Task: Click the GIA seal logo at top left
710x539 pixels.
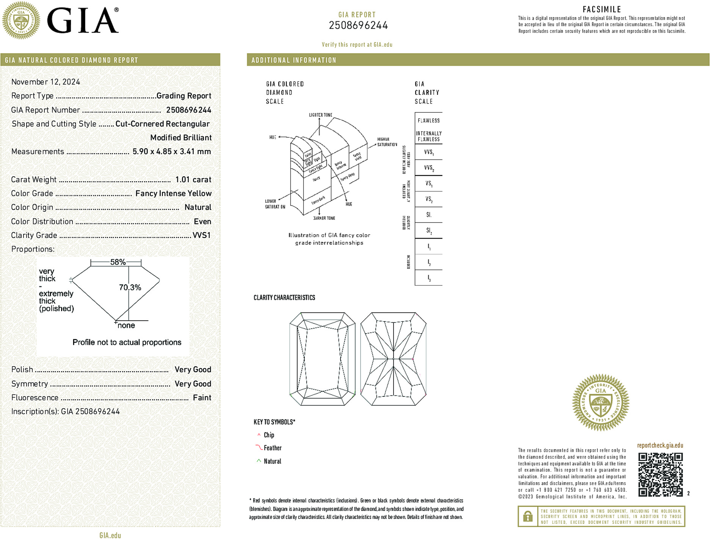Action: click(21, 20)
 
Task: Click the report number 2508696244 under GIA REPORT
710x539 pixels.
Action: click(358, 25)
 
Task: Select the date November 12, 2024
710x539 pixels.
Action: click(45, 82)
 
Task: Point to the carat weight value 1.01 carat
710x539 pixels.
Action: click(193, 180)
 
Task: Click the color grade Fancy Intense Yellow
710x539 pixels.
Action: click(173, 193)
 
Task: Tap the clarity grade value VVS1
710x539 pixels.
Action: click(201, 235)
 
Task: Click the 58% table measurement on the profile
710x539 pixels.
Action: click(118, 262)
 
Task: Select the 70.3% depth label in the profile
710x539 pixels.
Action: click(130, 287)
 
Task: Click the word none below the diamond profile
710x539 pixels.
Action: click(126, 326)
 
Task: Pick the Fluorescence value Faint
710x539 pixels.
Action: click(202, 398)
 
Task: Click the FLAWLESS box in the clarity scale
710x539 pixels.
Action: click(429, 121)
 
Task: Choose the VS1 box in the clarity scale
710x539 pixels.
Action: click(429, 183)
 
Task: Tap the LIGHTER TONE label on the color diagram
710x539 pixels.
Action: click(320, 115)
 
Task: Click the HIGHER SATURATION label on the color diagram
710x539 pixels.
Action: click(387, 142)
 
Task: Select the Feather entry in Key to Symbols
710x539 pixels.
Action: click(273, 448)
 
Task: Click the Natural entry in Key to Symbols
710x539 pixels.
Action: click(272, 461)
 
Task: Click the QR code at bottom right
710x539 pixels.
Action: click(660, 474)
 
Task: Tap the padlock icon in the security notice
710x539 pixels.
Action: click(528, 516)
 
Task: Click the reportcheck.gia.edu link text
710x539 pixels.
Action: click(660, 445)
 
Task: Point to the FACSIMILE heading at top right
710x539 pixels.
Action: click(602, 9)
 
